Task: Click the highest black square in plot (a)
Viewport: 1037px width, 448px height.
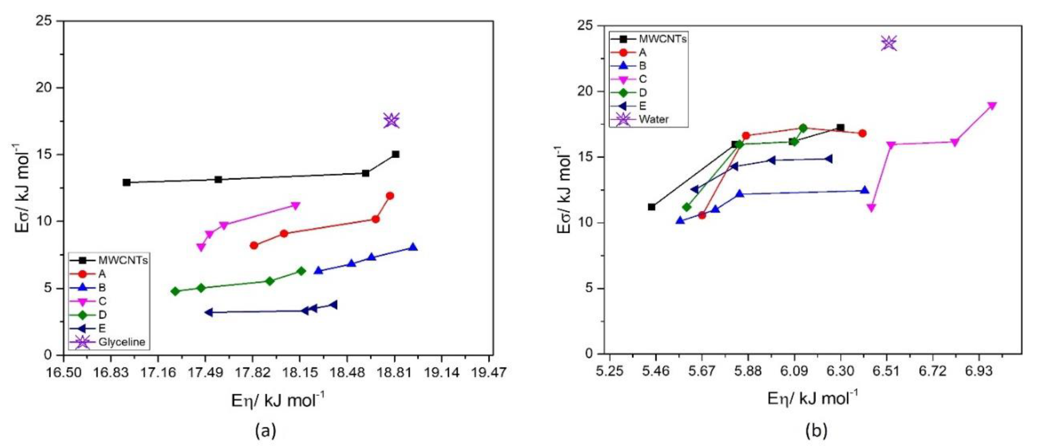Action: tap(395, 154)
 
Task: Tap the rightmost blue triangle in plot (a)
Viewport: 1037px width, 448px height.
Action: tap(413, 247)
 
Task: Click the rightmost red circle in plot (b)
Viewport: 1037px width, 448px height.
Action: tap(862, 133)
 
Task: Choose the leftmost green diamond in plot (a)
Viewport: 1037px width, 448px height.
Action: tap(175, 291)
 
